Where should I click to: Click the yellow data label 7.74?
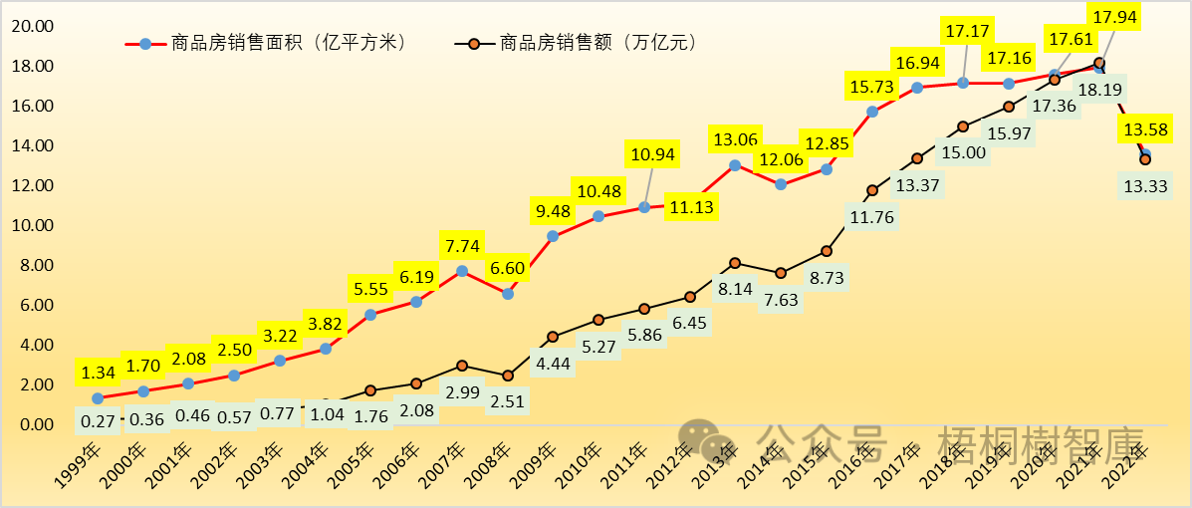[461, 244]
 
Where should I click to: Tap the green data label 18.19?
[1101, 90]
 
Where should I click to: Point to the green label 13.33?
[1146, 184]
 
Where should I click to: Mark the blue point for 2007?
[462, 271]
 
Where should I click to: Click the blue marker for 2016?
[872, 112]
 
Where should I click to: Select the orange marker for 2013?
[735, 263]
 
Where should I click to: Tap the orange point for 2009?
[553, 337]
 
